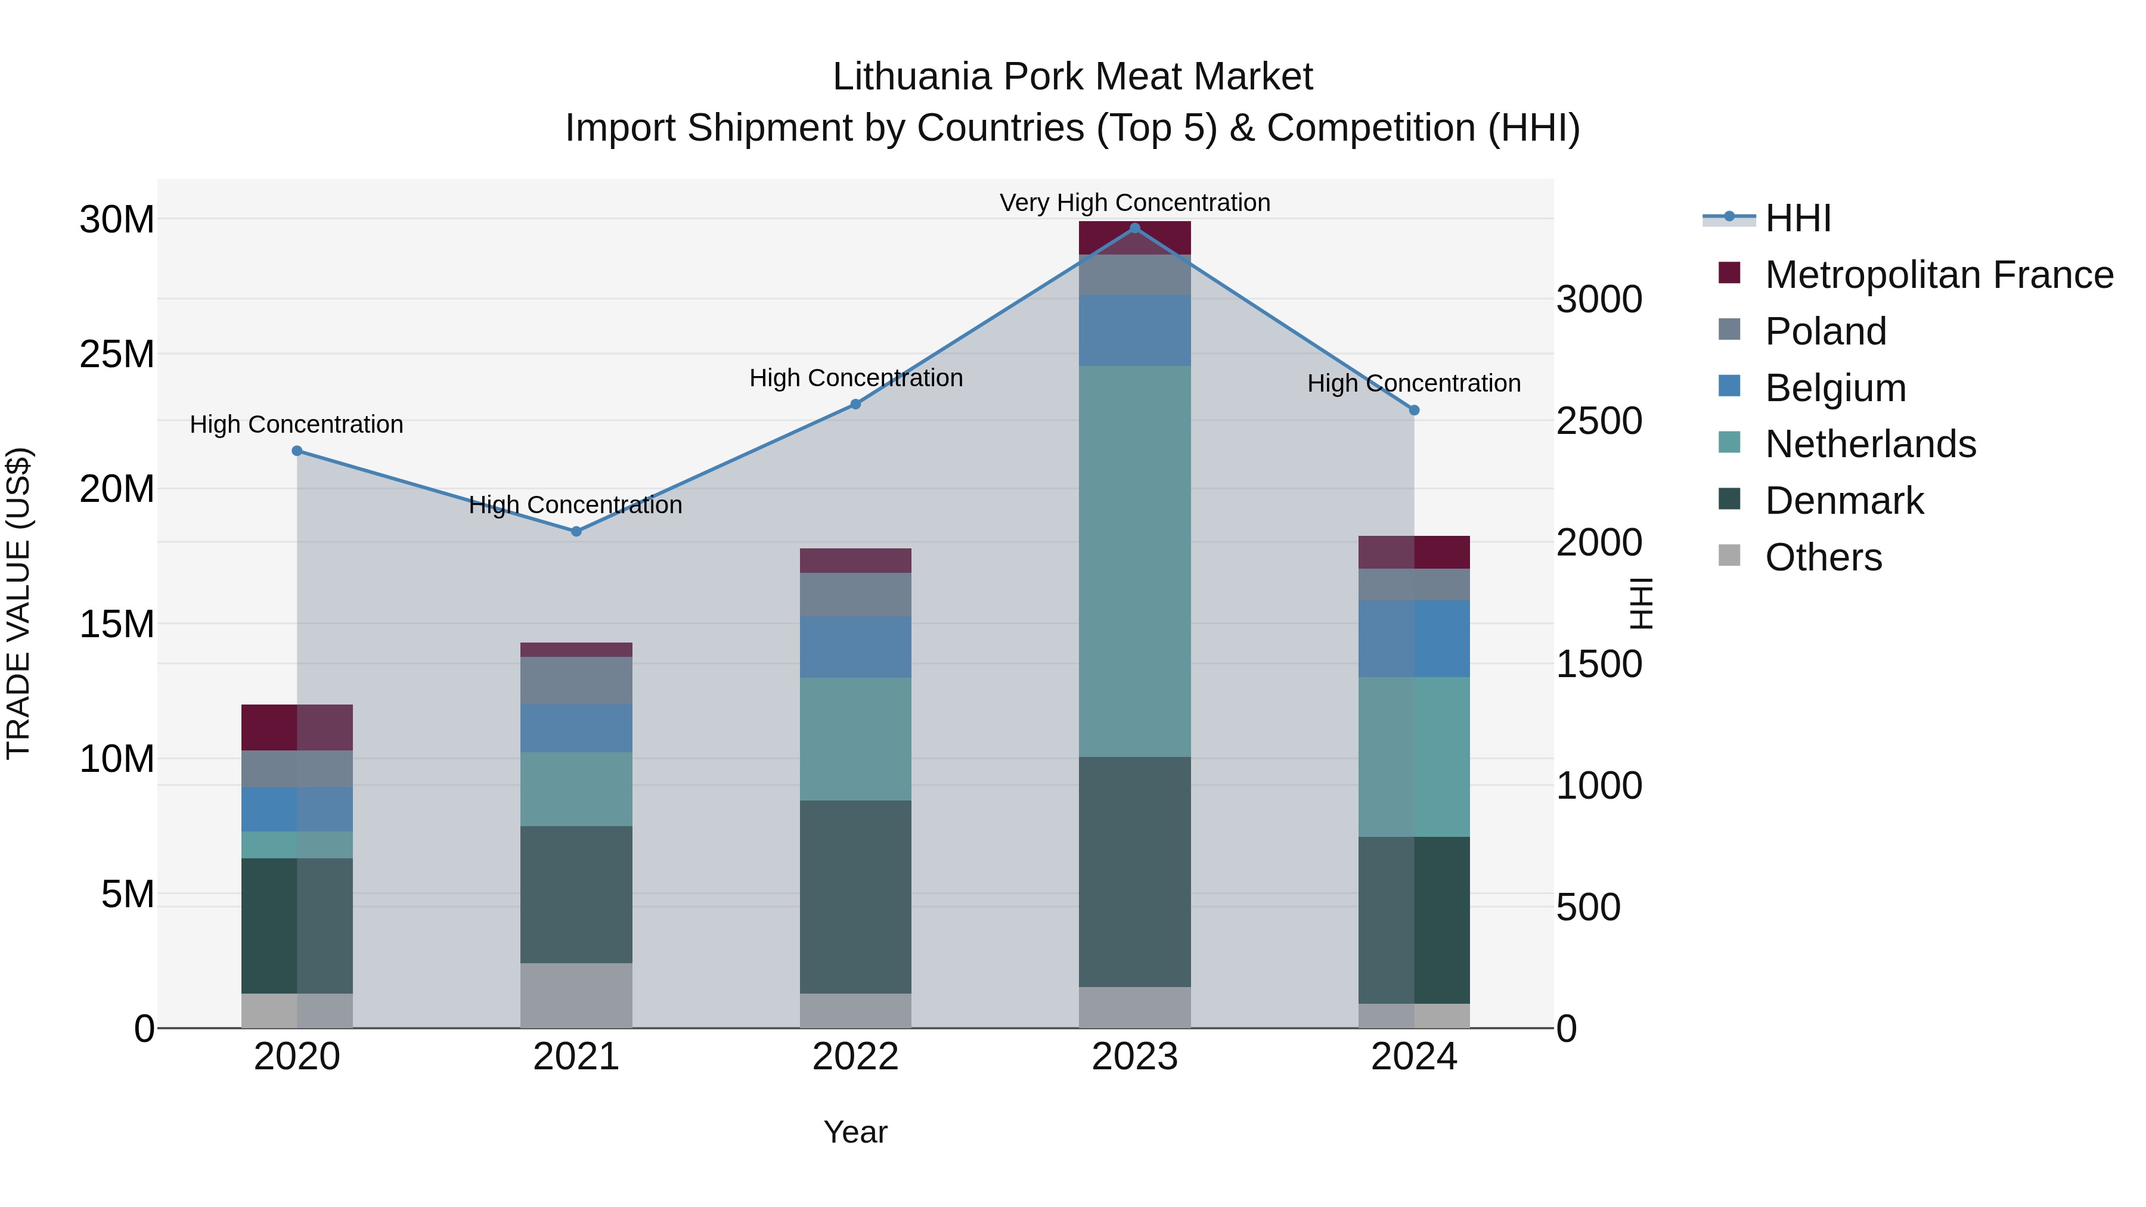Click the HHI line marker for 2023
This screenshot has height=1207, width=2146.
tap(1134, 228)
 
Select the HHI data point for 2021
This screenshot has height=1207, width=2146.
tap(576, 532)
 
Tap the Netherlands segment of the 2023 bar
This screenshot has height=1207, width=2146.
tap(1134, 561)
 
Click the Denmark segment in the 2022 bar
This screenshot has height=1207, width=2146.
tap(855, 896)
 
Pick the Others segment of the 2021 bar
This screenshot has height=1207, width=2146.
tap(576, 995)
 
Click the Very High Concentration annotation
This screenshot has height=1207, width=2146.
tap(1134, 203)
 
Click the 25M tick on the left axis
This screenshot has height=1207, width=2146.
tap(117, 354)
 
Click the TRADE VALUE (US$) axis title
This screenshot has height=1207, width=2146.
tap(18, 603)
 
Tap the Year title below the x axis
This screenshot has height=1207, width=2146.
tap(855, 1132)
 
